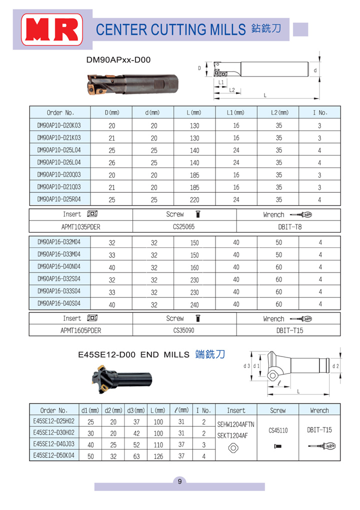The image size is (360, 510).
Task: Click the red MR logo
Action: click(x=51, y=29)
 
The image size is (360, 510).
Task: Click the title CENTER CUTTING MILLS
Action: click(x=171, y=29)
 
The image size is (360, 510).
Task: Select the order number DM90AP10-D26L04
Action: click(x=59, y=162)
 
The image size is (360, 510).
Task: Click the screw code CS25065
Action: click(x=183, y=226)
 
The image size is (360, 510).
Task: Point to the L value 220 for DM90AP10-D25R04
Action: click(x=194, y=200)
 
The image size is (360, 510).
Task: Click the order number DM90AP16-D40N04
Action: click(x=59, y=267)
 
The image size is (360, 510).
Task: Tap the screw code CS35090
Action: click(x=183, y=330)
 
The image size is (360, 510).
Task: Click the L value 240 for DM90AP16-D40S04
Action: click(x=194, y=304)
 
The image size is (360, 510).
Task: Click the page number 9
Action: click(x=179, y=482)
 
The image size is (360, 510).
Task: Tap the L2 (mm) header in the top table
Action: click(x=278, y=112)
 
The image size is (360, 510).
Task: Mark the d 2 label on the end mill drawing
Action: click(x=335, y=366)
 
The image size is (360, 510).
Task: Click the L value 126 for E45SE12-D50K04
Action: click(x=158, y=456)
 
